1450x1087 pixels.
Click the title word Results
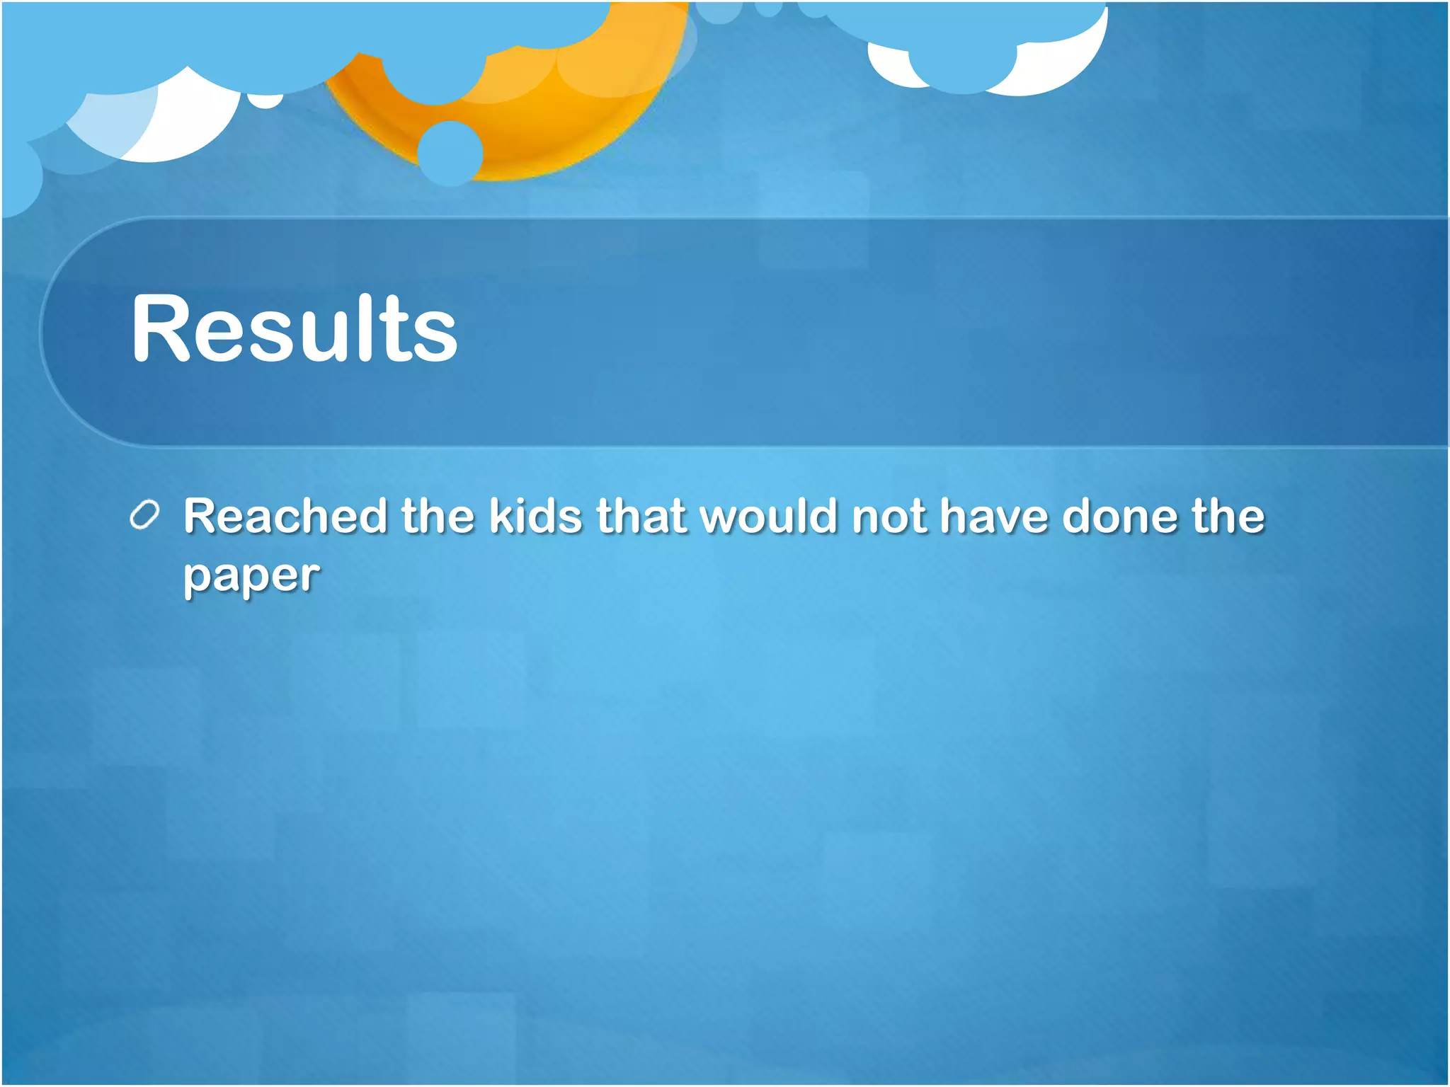(x=295, y=329)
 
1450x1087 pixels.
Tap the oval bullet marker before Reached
(x=145, y=515)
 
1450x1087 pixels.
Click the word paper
(x=251, y=577)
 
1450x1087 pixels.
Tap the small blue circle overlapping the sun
(x=450, y=153)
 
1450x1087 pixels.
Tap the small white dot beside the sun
(x=266, y=101)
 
